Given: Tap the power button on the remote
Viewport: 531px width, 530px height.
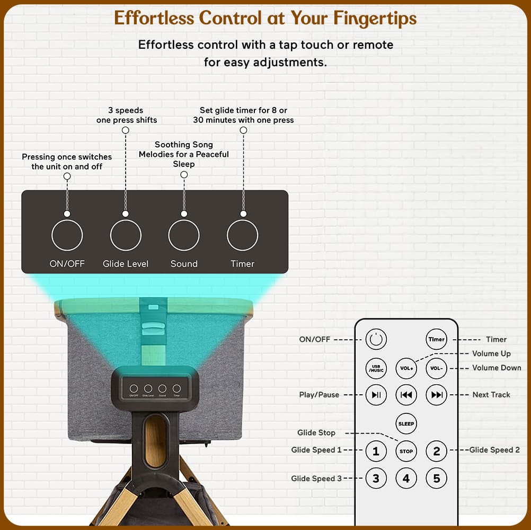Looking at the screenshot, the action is click(x=376, y=339).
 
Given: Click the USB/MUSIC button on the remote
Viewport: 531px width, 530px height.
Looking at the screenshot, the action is click(x=376, y=368).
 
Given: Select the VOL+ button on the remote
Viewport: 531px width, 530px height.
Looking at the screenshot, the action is click(x=406, y=368).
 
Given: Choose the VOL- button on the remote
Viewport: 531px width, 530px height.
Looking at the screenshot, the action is click(x=436, y=368).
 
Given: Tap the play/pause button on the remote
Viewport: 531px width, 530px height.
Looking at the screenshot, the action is click(x=376, y=394).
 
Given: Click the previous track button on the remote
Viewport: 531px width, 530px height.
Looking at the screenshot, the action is click(x=406, y=394).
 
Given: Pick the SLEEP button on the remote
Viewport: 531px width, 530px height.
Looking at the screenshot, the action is click(x=406, y=423).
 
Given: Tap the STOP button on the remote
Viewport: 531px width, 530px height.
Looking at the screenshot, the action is click(x=406, y=451).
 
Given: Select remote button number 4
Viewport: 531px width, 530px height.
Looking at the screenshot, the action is click(x=406, y=478).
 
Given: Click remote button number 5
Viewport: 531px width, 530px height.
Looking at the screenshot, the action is click(x=436, y=478).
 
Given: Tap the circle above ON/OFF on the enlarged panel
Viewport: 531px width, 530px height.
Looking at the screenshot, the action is click(x=67, y=220).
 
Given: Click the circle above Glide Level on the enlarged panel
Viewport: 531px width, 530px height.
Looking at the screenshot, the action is click(x=126, y=220).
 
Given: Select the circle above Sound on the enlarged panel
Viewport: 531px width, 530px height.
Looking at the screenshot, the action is click(x=184, y=220).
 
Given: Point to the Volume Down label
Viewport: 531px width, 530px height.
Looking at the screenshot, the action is click(x=497, y=368).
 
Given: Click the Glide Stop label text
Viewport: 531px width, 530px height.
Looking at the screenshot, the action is click(x=316, y=432).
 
